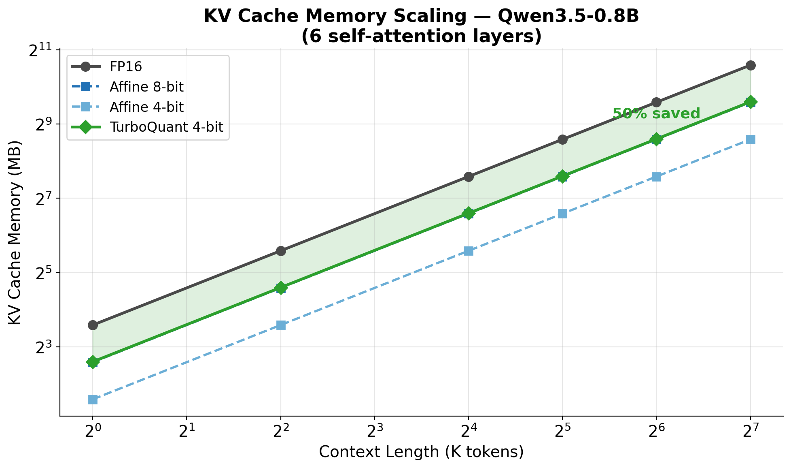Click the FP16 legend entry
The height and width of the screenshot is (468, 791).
tap(125, 67)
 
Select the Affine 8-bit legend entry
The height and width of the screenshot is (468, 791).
tap(146, 87)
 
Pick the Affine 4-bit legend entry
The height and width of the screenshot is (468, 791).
tap(146, 107)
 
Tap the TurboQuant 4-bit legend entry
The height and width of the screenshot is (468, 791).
tap(166, 127)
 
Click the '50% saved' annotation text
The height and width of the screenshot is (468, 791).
tap(656, 114)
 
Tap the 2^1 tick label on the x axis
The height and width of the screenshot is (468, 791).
tap(186, 432)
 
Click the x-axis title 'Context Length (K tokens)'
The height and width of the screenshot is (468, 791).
tap(421, 452)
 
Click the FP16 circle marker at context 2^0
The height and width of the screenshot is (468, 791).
tap(93, 325)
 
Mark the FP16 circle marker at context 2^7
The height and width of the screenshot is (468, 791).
tap(751, 65)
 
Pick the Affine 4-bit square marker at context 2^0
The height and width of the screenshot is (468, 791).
tap(93, 400)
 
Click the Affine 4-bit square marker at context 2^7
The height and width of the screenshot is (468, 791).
tap(751, 139)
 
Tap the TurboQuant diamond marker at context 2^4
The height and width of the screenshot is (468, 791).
tap(469, 213)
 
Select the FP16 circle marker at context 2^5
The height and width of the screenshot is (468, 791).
tap(562, 139)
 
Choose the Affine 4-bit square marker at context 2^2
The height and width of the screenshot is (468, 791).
tap(281, 325)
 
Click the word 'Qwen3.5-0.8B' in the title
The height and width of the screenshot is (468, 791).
tap(568, 17)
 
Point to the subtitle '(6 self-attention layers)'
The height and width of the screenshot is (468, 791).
tap(421, 37)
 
